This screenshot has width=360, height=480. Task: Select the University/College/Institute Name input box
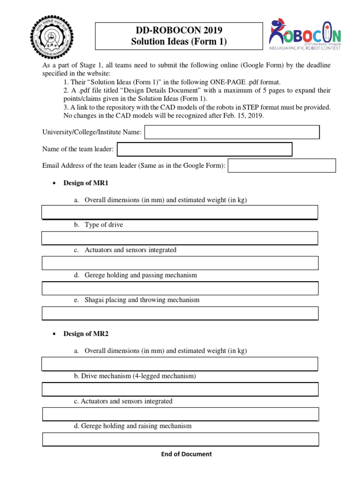click(232, 133)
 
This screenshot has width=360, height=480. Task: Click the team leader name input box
click(204, 150)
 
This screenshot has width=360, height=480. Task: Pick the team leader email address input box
click(282, 165)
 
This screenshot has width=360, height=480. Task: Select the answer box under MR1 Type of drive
click(180, 238)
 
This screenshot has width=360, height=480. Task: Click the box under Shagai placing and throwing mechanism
click(180, 313)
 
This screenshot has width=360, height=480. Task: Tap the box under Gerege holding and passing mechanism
click(180, 288)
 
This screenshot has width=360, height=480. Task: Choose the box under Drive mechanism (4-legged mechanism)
click(180, 389)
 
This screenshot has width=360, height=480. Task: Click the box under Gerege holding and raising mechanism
click(180, 439)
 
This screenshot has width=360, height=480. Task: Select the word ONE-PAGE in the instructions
click(216, 82)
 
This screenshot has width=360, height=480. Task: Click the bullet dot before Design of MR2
click(55, 334)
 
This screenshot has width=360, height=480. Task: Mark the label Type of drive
click(104, 225)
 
